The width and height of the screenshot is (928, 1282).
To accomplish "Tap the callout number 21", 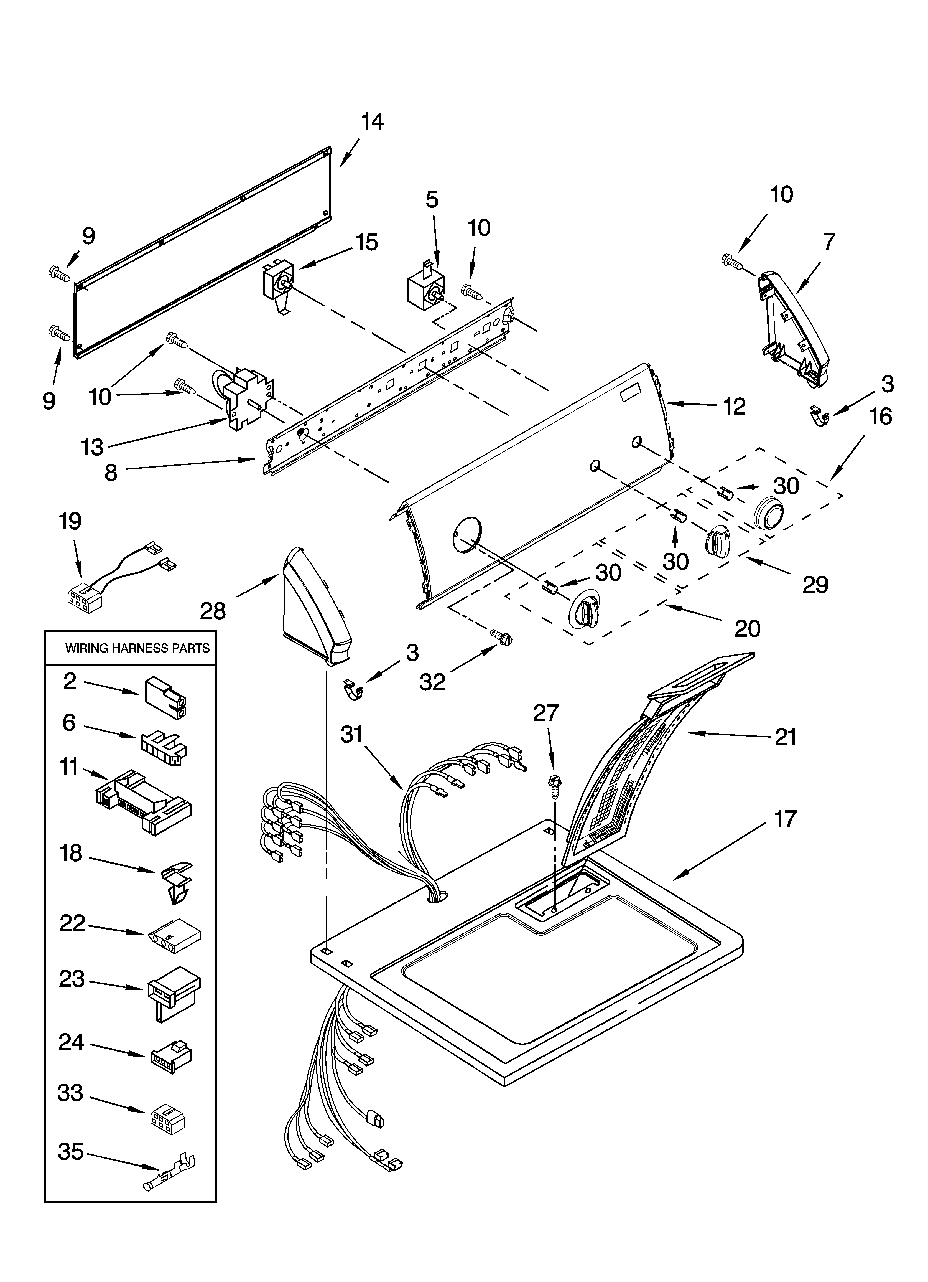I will click(x=785, y=737).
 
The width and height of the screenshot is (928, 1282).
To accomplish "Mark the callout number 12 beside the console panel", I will click(x=734, y=407).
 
